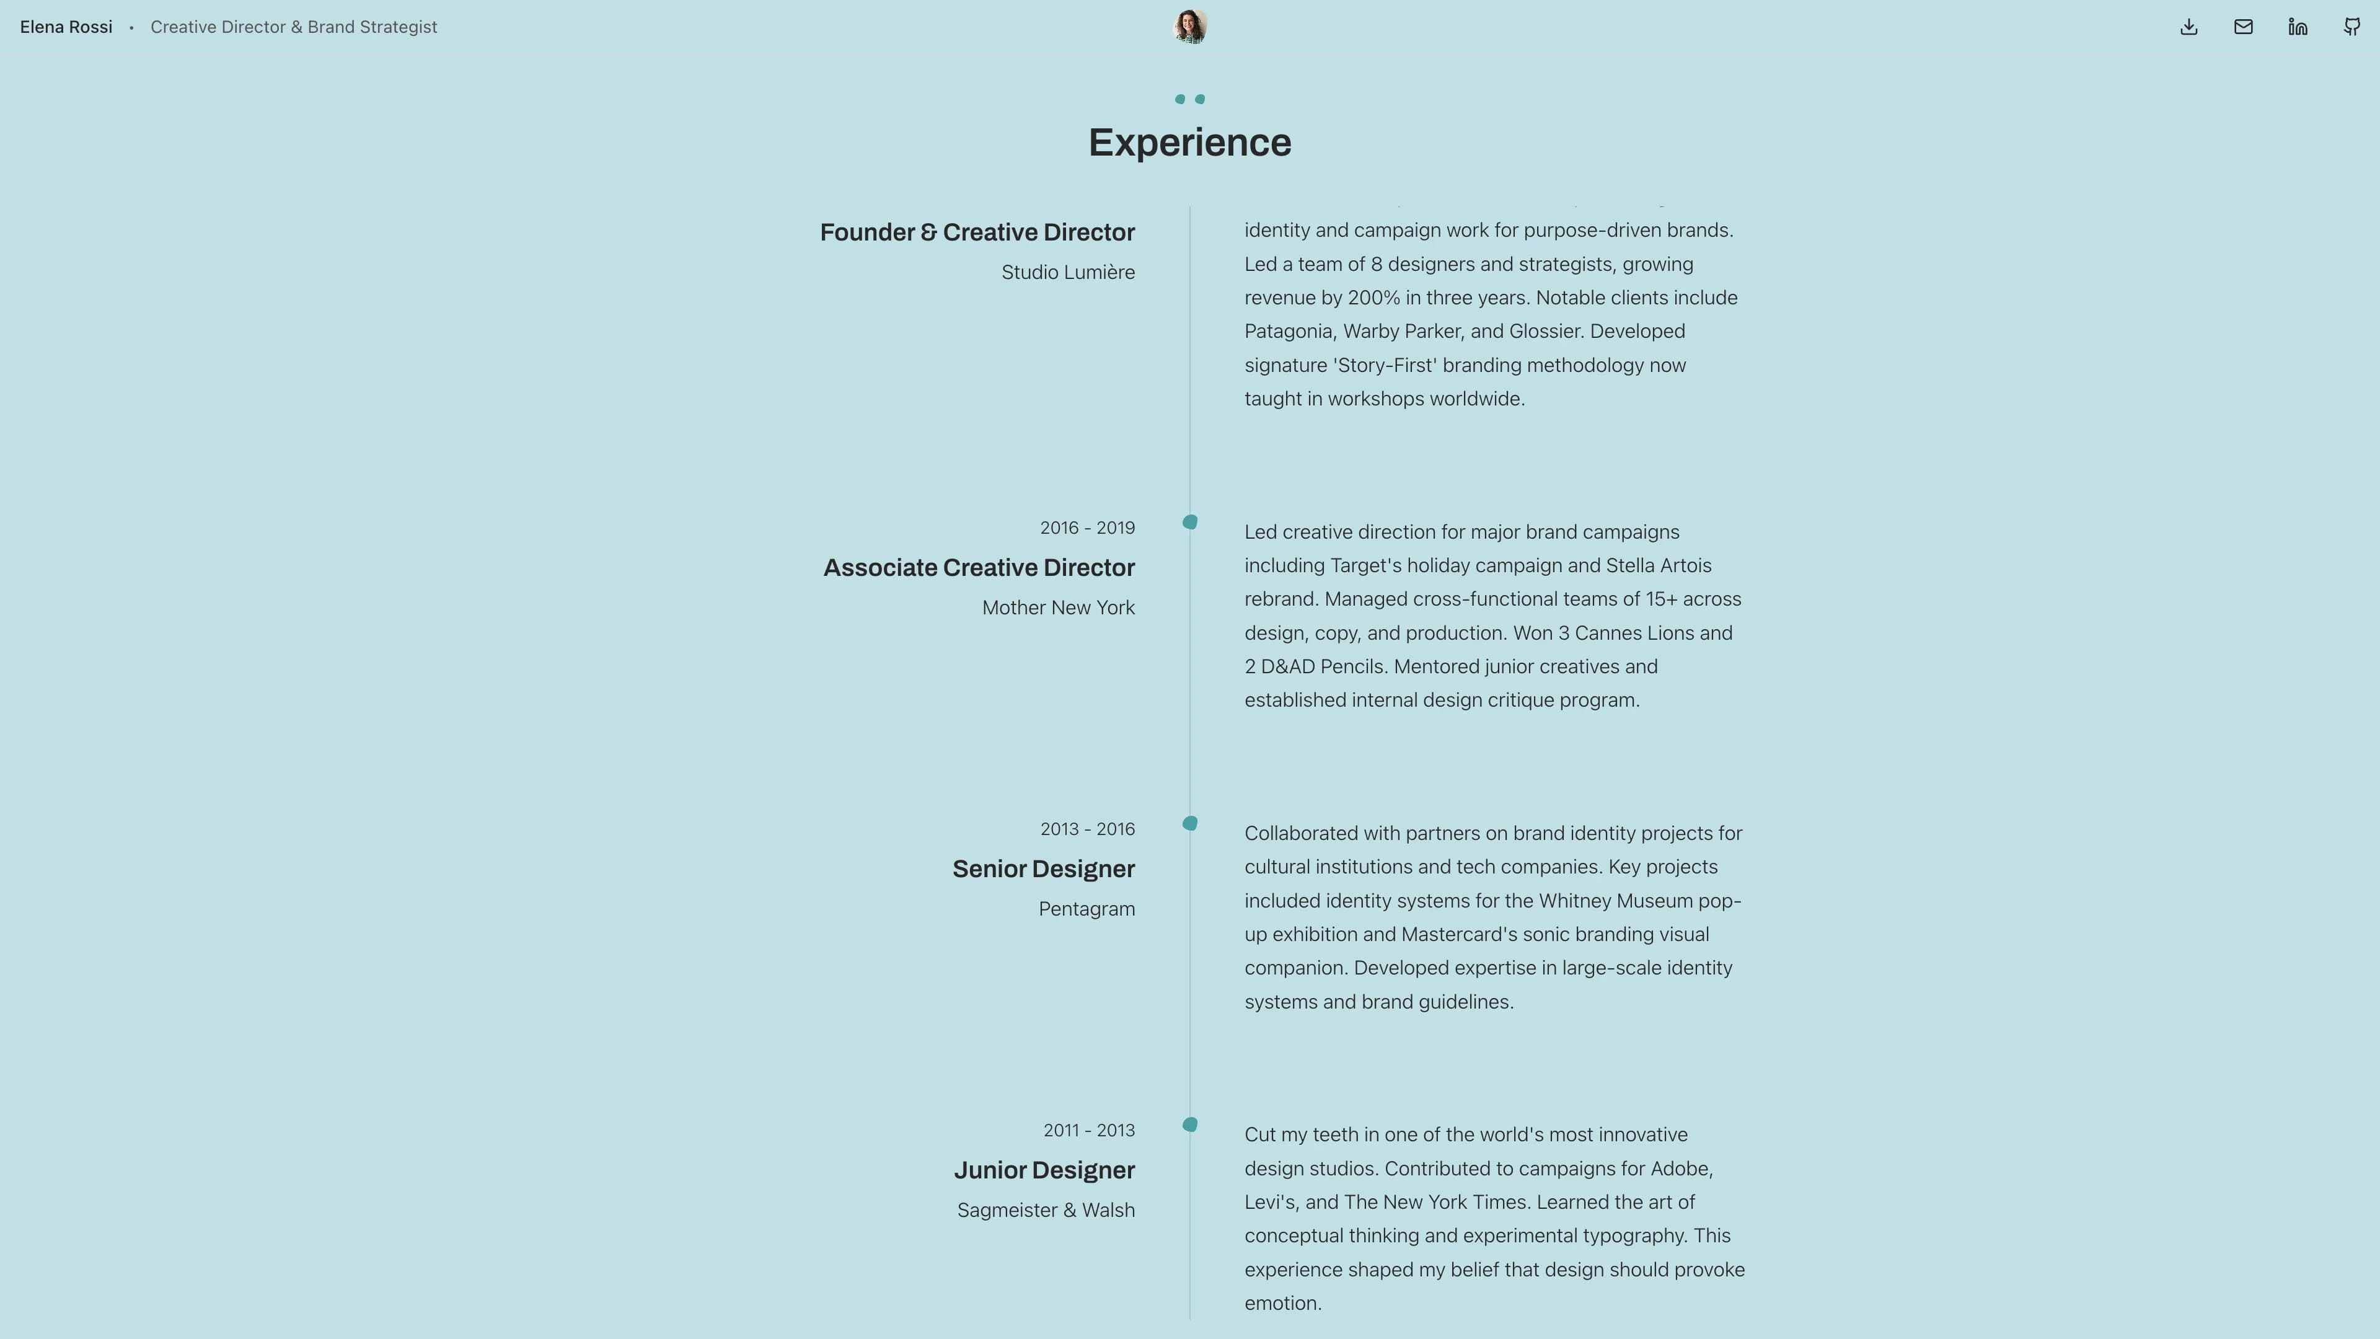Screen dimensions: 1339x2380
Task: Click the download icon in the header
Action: pyautogui.click(x=2188, y=27)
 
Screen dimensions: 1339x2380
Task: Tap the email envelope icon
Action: pyautogui.click(x=2242, y=27)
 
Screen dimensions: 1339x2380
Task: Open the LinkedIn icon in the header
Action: pyautogui.click(x=2297, y=27)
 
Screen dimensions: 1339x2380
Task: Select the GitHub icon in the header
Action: pyautogui.click(x=2351, y=27)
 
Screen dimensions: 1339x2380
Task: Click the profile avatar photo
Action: pyautogui.click(x=1189, y=27)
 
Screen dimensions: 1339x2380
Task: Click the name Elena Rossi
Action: pyautogui.click(x=66, y=27)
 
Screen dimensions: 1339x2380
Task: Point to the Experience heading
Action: pyautogui.click(x=1189, y=143)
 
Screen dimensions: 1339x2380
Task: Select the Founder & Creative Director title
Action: pyautogui.click(x=977, y=232)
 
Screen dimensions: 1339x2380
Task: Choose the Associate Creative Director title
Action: pyautogui.click(x=979, y=567)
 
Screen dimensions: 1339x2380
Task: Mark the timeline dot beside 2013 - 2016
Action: pyautogui.click(x=1190, y=823)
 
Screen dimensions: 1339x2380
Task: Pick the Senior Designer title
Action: pyautogui.click(x=1043, y=868)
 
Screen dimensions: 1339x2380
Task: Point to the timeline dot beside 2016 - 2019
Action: pyautogui.click(x=1190, y=522)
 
